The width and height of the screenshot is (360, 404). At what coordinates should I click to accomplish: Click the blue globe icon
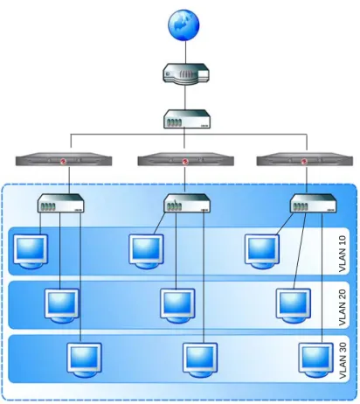[x=183, y=24]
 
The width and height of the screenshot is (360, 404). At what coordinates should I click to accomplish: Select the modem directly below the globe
[x=186, y=74]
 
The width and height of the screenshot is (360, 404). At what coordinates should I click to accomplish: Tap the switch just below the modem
[x=187, y=119]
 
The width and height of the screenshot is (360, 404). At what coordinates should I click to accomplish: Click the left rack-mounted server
[x=64, y=159]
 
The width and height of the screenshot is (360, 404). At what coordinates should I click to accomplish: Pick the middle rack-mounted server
[x=185, y=159]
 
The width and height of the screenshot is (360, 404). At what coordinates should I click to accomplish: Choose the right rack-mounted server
[x=305, y=159]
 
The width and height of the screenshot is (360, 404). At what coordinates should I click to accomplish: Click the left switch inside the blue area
[x=61, y=203]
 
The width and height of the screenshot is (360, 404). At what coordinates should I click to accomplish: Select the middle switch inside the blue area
[x=187, y=203]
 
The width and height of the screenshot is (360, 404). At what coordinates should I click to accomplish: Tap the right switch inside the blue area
[x=314, y=203]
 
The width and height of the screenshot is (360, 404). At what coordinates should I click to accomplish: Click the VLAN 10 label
[x=343, y=254]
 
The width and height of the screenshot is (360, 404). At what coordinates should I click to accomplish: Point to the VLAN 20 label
[x=343, y=308]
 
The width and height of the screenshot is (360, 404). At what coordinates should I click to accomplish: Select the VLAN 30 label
[x=343, y=360]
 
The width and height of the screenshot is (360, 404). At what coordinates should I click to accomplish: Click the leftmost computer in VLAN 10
[x=31, y=251]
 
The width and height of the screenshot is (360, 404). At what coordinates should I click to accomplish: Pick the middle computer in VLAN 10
[x=146, y=251]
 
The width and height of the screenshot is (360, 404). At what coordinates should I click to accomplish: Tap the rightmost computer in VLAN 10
[x=262, y=251]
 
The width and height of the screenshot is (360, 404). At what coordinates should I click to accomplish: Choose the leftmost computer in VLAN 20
[x=62, y=306]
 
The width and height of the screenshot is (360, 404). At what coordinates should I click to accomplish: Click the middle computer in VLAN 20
[x=177, y=306]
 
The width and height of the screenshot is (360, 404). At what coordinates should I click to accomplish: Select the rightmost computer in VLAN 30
[x=315, y=360]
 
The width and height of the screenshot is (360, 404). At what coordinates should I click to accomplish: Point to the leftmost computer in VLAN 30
[x=84, y=360]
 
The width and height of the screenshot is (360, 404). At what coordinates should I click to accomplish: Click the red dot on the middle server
[x=184, y=161]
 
